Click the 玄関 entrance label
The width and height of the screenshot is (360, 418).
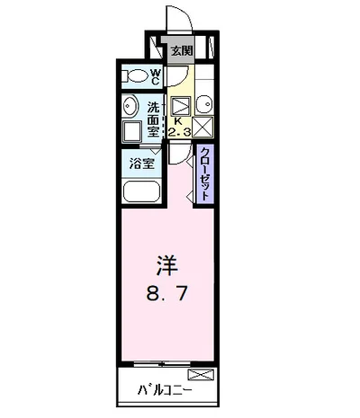(x=182, y=51)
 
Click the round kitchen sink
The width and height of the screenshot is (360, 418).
(x=203, y=101)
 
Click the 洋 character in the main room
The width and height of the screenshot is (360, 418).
(x=167, y=267)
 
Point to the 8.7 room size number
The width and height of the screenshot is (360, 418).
(x=167, y=294)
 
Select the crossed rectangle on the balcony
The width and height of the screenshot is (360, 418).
(x=201, y=373)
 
